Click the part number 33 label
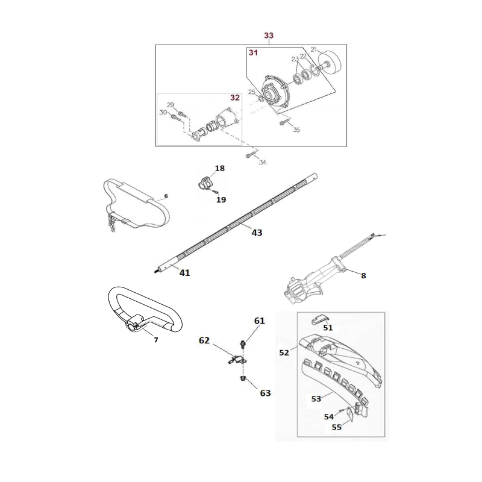[269, 36]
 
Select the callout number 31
[253, 53]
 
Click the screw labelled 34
[250, 155]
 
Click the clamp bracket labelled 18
[205, 181]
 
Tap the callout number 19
[221, 199]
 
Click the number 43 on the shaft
[256, 232]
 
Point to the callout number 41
[184, 272]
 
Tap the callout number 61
[259, 321]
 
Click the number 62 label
[204, 340]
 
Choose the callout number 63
[265, 393]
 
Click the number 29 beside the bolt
[171, 105]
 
